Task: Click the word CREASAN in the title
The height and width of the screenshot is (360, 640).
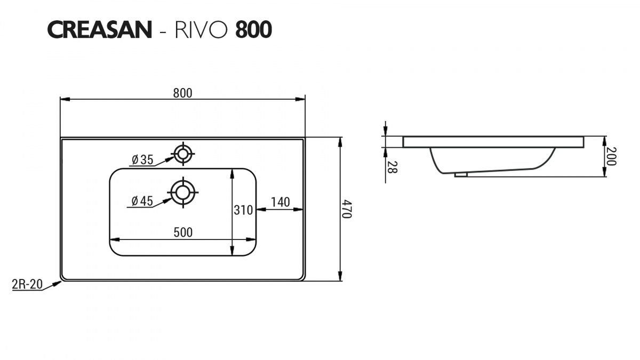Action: pos(99,30)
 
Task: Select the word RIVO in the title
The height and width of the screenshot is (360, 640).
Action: pos(202,30)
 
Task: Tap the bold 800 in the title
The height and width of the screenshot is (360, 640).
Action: pos(253,30)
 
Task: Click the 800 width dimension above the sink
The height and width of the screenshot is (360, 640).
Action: pos(183,93)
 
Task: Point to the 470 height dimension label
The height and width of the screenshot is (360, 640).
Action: pos(347,209)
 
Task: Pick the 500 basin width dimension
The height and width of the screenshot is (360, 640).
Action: pos(183,233)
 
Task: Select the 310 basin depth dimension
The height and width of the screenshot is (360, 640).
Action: pos(243,210)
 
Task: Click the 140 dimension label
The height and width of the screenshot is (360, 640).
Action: pos(281,202)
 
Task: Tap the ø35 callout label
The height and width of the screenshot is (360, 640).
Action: pos(142,159)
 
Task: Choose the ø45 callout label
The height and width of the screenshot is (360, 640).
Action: pos(142,201)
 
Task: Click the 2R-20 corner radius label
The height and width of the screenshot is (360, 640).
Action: pos(27,284)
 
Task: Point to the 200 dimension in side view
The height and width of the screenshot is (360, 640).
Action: pos(611,156)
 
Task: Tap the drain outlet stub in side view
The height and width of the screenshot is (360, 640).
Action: pos(461,174)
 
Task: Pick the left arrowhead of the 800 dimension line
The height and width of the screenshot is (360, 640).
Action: pos(65,99)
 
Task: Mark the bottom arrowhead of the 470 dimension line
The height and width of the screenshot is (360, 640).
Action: pos(340,276)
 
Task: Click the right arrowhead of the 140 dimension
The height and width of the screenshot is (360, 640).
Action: pos(298,210)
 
